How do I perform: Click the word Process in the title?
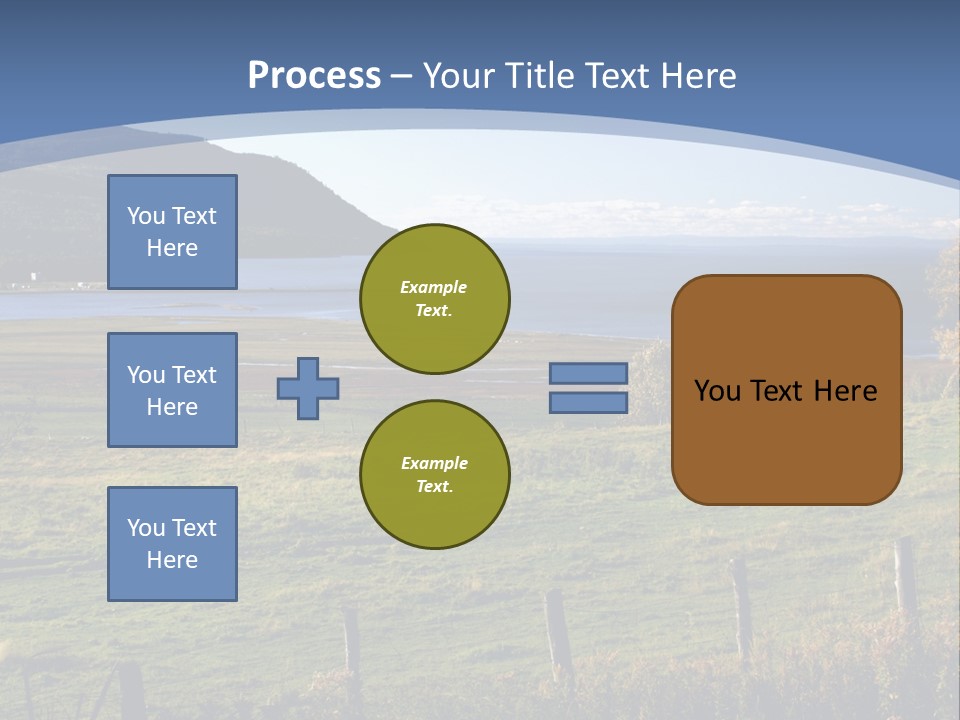pos(314,75)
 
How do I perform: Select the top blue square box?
pos(172,232)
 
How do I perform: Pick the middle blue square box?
pos(172,390)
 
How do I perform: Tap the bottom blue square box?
pos(172,544)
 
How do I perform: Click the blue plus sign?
pos(308,388)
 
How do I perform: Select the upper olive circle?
pos(434,298)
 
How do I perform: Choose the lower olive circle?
pos(434,474)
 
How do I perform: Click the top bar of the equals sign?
pos(588,373)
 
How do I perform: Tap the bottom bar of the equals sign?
pos(588,403)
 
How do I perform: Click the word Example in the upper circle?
pos(434,287)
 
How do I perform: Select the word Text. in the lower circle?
pos(434,486)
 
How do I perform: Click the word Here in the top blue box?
pos(172,248)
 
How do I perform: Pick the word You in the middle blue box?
pos(145,375)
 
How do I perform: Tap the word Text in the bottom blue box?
pos(193,528)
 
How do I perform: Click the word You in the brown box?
pos(716,391)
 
